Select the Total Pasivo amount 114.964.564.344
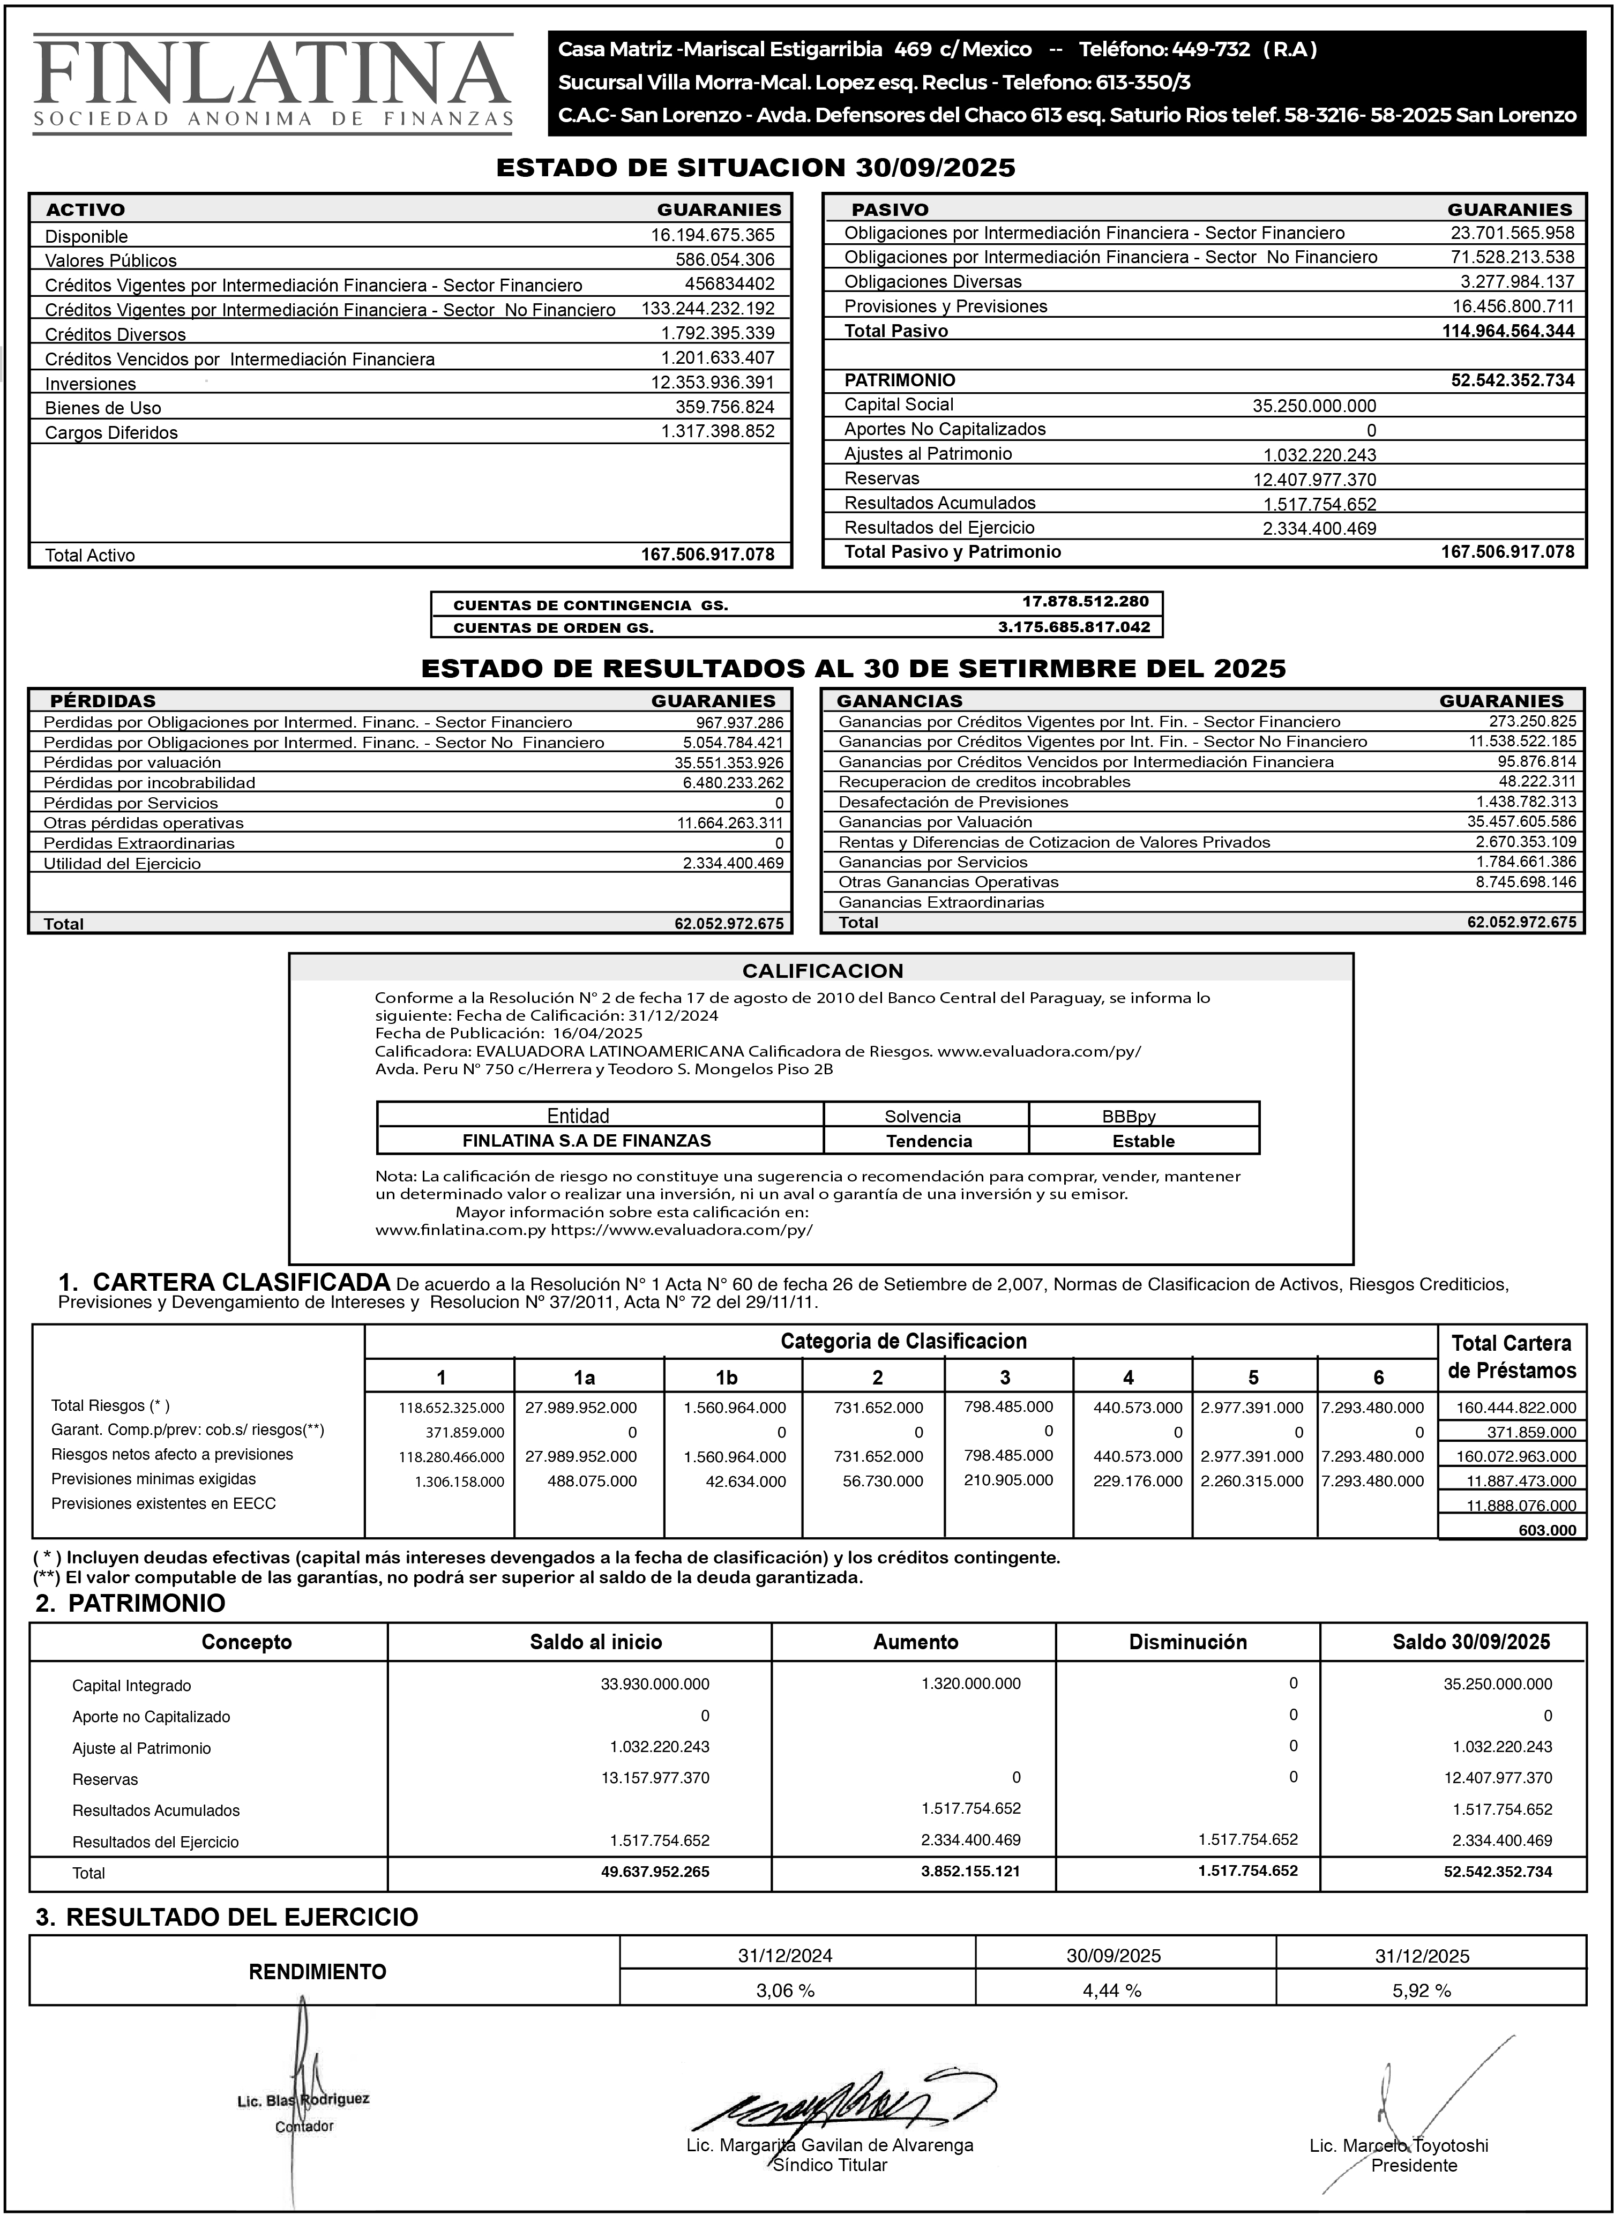1507,331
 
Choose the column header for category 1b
726,1378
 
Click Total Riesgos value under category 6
1372,1408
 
